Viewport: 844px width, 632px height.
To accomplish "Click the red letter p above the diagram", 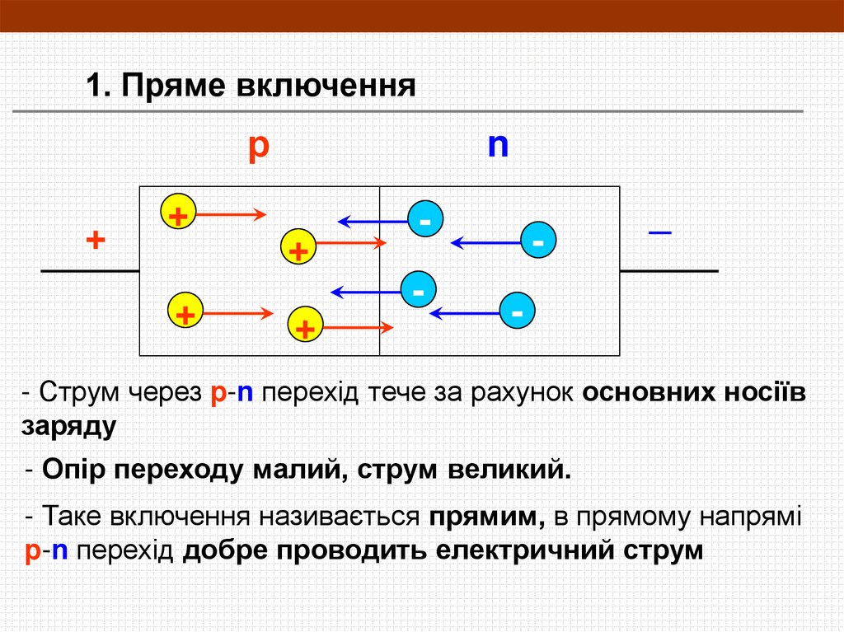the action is point(259,147).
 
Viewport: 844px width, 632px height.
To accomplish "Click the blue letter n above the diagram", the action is point(498,145).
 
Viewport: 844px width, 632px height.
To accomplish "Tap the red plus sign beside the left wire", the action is point(96,241).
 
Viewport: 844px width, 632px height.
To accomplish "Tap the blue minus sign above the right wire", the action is point(659,233).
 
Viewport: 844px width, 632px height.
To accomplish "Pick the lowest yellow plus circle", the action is point(305,326).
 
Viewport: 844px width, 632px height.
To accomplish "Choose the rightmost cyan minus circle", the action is point(538,241).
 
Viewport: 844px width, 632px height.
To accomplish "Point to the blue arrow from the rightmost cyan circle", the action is point(486,242).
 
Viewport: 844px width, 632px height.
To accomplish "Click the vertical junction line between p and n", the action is point(379,272).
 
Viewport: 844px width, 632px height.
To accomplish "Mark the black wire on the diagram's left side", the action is point(89,271).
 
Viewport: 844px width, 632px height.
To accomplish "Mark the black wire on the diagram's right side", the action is point(668,271).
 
